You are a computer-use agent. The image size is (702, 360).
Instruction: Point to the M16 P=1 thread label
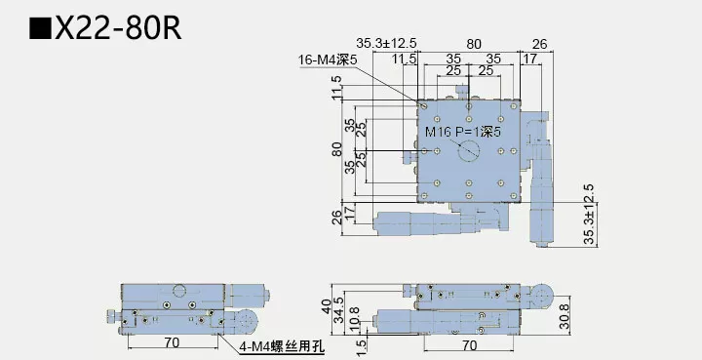click(x=463, y=131)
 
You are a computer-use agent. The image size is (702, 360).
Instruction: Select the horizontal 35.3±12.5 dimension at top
click(x=387, y=43)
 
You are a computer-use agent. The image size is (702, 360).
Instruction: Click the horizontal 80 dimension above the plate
click(x=474, y=43)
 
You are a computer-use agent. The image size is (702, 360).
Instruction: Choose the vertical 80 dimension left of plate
click(x=336, y=150)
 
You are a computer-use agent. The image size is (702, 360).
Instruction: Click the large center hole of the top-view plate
click(x=469, y=151)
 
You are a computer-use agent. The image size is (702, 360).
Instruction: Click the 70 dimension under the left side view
click(x=171, y=343)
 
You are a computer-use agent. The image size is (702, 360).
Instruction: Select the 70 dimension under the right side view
click(x=469, y=343)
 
